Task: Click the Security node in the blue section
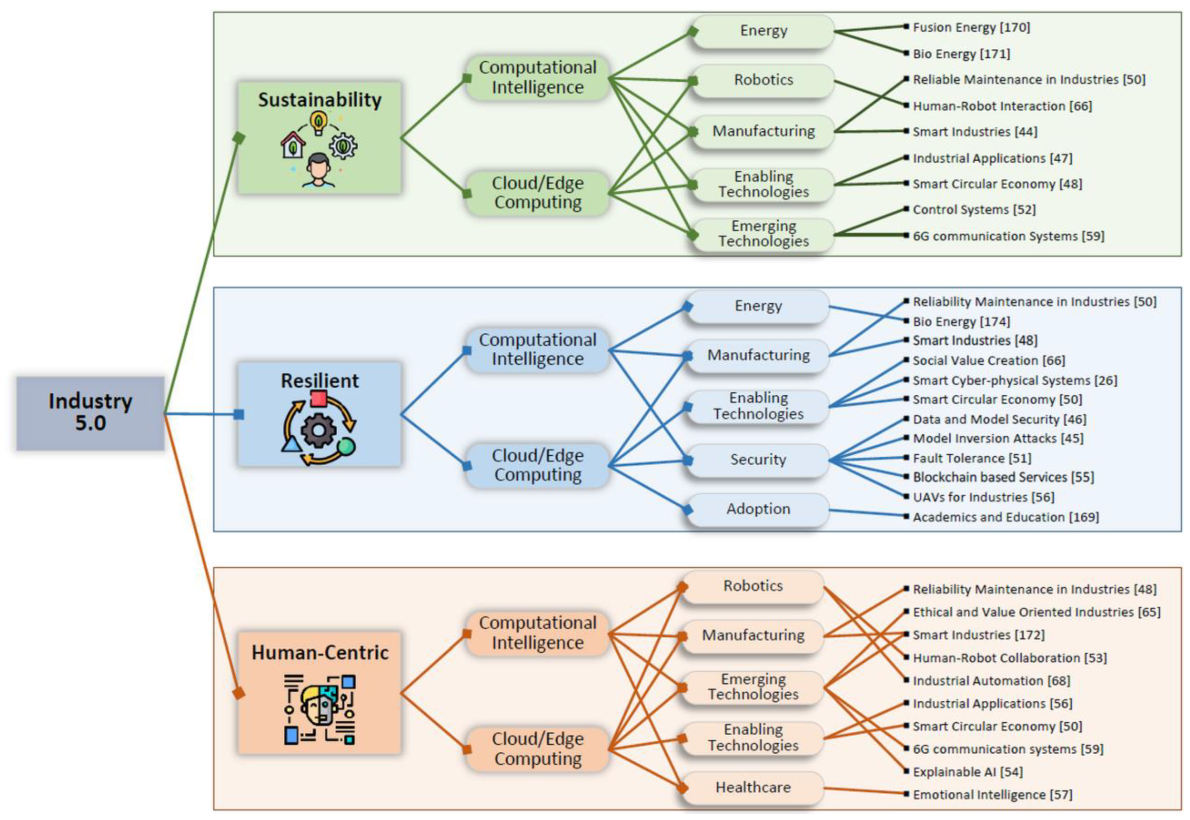click(x=758, y=459)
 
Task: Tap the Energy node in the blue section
click(x=758, y=306)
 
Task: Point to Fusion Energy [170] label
click(x=971, y=27)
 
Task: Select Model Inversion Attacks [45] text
click(x=998, y=438)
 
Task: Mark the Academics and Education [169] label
click(x=1006, y=517)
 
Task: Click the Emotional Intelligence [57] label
click(x=992, y=794)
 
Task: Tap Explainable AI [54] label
click(x=967, y=772)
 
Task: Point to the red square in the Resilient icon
click(x=318, y=398)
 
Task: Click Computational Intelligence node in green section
click(x=538, y=77)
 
